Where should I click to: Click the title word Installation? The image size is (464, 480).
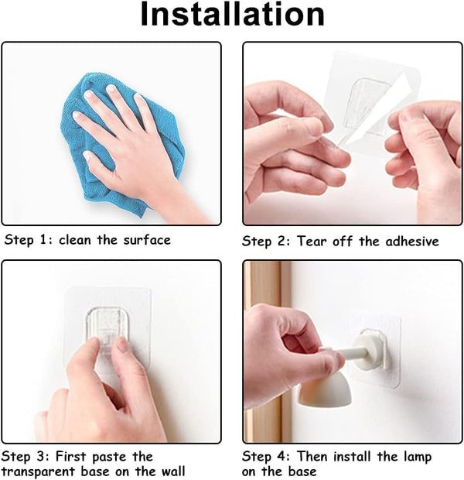pyautogui.click(x=233, y=15)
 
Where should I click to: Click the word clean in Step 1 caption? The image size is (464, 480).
pyautogui.click(x=75, y=240)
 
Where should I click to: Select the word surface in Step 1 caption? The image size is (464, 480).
pyautogui.click(x=147, y=240)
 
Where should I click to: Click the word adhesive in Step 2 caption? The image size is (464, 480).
pyautogui.click(x=412, y=242)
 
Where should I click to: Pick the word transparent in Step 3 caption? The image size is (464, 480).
pyautogui.click(x=39, y=471)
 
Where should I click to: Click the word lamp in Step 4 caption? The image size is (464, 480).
pyautogui.click(x=418, y=458)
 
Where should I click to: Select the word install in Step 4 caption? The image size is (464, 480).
pyautogui.click(x=352, y=457)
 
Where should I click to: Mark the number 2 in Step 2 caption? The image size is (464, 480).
pyautogui.click(x=281, y=242)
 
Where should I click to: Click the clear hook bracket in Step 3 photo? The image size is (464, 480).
pyautogui.click(x=107, y=327)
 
